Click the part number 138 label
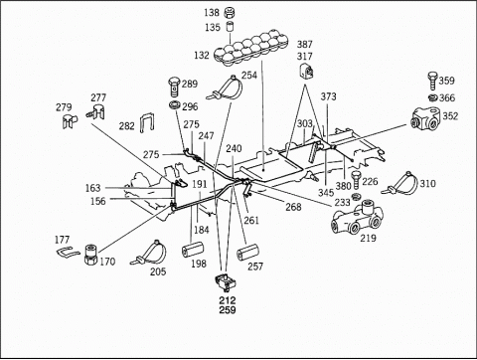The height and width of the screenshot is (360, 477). click(x=212, y=13)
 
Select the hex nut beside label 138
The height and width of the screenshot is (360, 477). click(x=230, y=13)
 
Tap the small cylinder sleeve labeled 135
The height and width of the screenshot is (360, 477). click(x=230, y=27)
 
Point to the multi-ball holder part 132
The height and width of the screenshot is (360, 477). click(x=250, y=49)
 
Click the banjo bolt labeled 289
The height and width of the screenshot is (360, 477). click(x=175, y=86)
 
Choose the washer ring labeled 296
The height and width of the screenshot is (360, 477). click(x=174, y=106)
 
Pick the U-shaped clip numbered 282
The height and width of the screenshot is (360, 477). click(x=147, y=122)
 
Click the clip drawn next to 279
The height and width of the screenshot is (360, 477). click(x=70, y=121)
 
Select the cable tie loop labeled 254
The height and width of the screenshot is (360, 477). click(x=226, y=89)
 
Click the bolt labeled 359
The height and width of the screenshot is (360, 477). click(x=432, y=81)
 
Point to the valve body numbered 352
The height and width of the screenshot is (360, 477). click(x=426, y=119)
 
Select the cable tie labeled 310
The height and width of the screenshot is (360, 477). click(x=400, y=185)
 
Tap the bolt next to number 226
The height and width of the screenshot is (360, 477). click(x=356, y=180)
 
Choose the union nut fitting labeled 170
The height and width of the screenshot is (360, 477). click(x=90, y=255)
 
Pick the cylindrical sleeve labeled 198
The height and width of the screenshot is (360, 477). click(x=193, y=250)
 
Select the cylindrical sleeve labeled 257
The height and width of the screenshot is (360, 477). click(x=247, y=254)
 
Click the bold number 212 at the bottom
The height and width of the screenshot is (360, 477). click(x=228, y=300)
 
